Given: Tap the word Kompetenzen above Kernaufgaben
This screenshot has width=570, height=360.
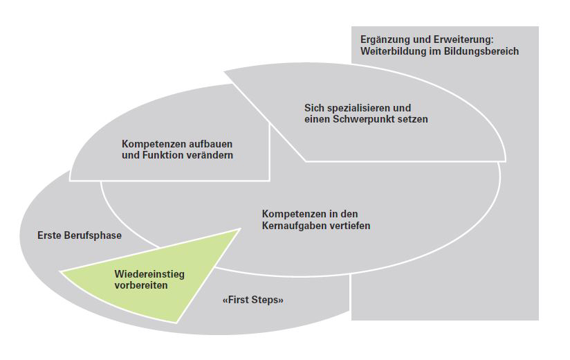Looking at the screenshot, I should [293, 214].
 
